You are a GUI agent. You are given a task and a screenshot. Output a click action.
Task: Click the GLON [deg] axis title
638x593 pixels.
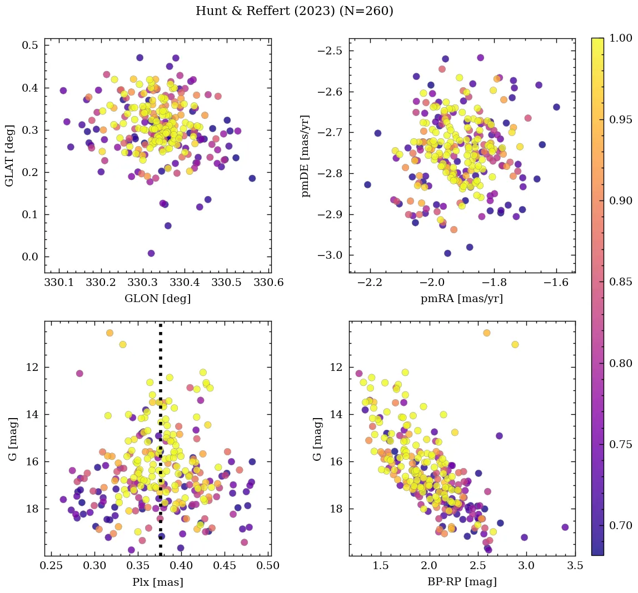(158, 299)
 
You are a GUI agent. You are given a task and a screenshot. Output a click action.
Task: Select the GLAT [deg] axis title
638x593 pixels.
(9, 155)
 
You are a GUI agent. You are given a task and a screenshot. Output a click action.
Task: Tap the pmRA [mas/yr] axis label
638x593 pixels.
(462, 299)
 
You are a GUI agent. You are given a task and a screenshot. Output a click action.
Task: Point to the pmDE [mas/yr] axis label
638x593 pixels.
(305, 156)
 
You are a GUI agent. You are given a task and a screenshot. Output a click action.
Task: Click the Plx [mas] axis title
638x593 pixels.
(158, 582)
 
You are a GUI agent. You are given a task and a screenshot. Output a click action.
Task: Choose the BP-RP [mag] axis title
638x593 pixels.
(462, 582)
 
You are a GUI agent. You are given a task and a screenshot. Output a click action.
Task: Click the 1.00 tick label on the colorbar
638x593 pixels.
(621, 38)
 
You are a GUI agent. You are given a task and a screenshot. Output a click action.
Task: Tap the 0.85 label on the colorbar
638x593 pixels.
(621, 282)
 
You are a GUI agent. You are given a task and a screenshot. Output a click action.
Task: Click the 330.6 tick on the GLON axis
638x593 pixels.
(270, 283)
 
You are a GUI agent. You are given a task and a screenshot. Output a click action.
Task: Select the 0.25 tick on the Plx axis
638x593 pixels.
(52, 566)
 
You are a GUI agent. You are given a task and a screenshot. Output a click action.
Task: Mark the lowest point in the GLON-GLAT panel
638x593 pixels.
(151, 253)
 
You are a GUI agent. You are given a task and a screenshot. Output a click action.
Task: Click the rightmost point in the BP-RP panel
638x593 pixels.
(565, 527)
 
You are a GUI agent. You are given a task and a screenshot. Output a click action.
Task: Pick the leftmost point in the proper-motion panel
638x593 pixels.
(367, 184)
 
